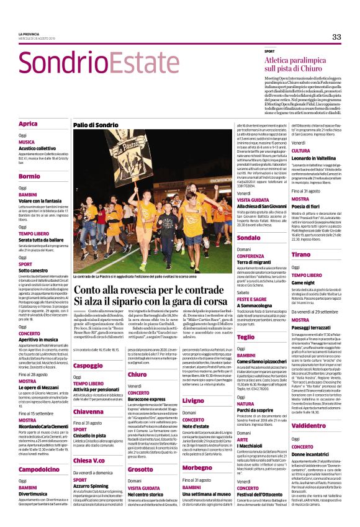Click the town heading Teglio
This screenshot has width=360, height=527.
tap(246, 337)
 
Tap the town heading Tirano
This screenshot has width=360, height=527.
tap(300, 255)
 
